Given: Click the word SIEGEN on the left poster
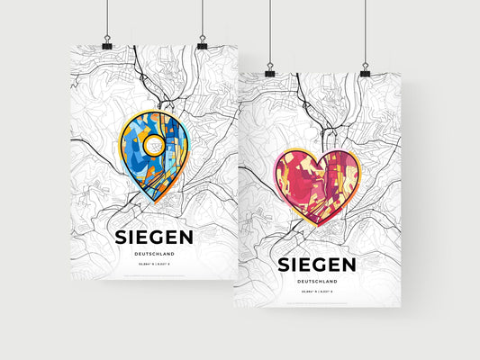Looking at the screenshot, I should pyautogui.click(x=154, y=238).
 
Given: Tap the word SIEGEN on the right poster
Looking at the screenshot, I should pyautogui.click(x=317, y=265).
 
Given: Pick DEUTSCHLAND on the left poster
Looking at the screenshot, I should pyautogui.click(x=154, y=255).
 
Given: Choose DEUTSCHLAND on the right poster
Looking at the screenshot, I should pyautogui.click(x=317, y=282).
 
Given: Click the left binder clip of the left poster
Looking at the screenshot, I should pyautogui.click(x=107, y=44).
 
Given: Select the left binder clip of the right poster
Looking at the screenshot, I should pyautogui.click(x=270, y=70).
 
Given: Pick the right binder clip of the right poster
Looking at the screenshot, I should pyautogui.click(x=365, y=70).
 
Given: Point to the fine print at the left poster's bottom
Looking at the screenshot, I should pyautogui.click(x=154, y=274).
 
